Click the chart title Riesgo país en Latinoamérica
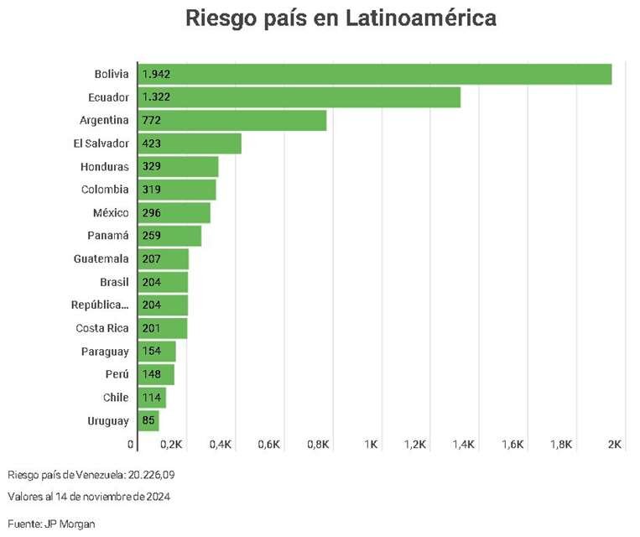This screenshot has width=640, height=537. point(341,18)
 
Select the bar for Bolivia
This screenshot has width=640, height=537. point(374,74)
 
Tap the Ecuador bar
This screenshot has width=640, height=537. point(299,97)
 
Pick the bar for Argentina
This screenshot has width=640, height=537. point(232,121)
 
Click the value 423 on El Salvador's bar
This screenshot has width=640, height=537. point(152,143)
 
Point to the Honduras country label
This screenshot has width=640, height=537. point(105,167)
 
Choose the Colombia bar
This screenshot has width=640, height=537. point(177,190)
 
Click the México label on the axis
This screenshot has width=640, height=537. point(111,213)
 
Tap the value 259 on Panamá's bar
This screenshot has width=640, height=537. point(152,236)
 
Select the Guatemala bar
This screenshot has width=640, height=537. point(162,259)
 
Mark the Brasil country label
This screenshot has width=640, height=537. point(114,282)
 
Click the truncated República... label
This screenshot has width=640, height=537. point(101,305)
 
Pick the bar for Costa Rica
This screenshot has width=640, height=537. point(162,328)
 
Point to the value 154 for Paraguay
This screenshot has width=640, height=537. point(152,352)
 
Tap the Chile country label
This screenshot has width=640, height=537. point(116,398)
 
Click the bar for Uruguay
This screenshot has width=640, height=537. point(148,420)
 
